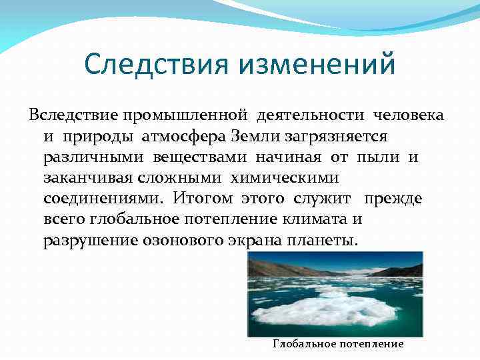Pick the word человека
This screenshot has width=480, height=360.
coord(408,115)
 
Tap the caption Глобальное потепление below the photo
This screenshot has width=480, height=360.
coord(339,344)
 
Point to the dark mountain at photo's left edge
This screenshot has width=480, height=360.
coord(263,267)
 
